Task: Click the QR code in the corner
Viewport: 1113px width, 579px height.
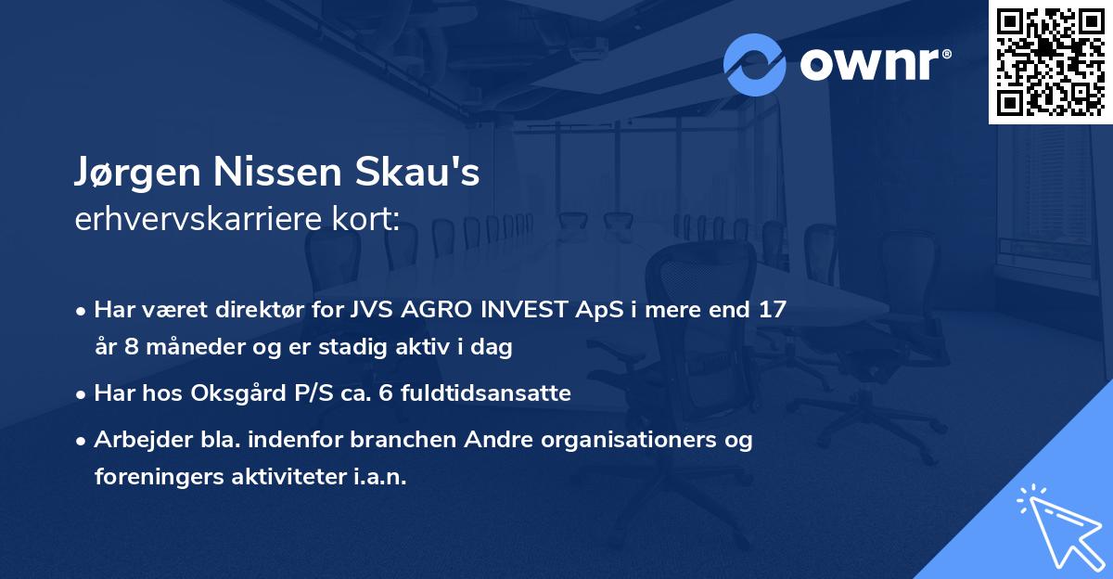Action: pos(1050,61)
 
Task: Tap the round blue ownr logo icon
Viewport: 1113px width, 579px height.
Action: pos(755,65)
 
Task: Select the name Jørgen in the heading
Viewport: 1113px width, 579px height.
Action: pos(129,174)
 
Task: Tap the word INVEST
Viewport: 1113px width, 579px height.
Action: pos(524,310)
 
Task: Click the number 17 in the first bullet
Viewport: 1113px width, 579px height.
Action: pos(772,310)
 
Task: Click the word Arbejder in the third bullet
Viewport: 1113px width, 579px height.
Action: pos(136,440)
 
